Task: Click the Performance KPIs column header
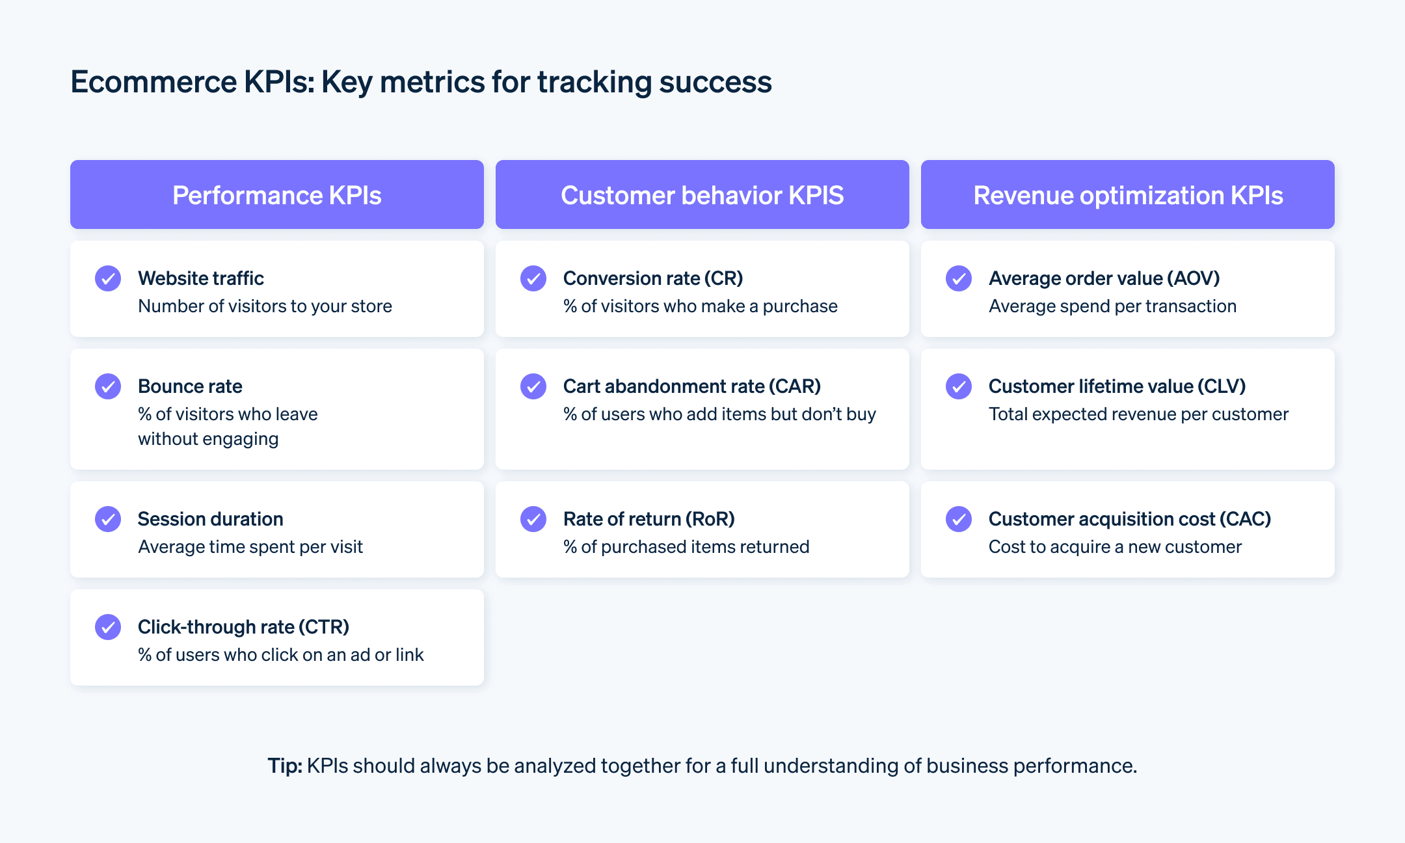(276, 195)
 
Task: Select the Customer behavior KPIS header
(702, 195)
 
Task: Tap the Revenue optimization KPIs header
(1127, 195)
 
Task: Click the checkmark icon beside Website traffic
(108, 278)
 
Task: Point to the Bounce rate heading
(190, 386)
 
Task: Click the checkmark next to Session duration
(108, 519)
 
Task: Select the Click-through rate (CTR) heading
(243, 627)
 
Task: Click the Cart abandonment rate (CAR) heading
(691, 386)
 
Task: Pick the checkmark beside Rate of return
(533, 519)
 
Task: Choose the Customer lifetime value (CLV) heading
(1117, 386)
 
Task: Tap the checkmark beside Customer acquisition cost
(959, 519)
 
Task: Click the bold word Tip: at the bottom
(285, 766)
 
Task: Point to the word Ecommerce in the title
(154, 82)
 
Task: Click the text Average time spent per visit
(250, 547)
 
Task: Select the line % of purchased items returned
(686, 547)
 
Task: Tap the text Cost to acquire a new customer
(1115, 547)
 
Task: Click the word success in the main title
(715, 82)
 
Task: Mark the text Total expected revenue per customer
(1138, 414)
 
